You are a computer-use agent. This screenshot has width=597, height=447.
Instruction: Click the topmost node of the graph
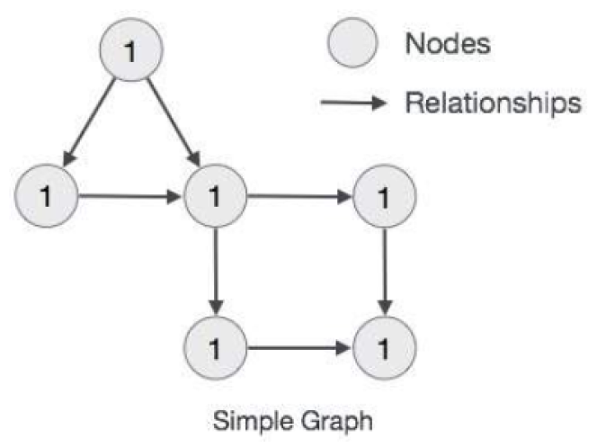(132, 50)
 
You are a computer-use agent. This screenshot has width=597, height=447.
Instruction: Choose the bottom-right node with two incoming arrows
(386, 344)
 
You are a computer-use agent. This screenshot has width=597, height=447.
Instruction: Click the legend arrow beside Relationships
(353, 103)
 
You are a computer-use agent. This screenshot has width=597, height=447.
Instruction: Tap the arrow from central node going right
(299, 195)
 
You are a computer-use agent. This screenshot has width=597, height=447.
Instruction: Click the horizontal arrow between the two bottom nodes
(299, 344)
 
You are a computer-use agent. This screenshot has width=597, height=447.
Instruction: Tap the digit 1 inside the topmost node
(132, 51)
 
